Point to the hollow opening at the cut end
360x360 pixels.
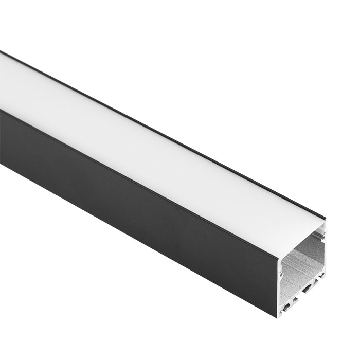click(303, 262)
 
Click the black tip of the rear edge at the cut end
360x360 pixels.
click(326, 219)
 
